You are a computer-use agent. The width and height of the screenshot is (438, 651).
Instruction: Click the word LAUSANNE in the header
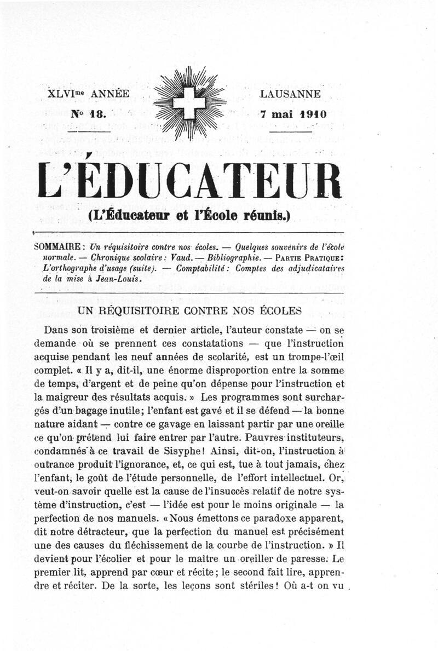291,94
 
